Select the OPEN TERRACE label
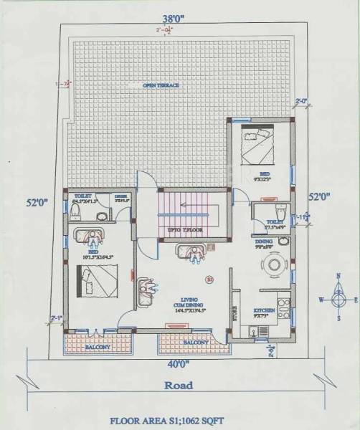(x=161, y=85)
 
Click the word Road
(x=179, y=384)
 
